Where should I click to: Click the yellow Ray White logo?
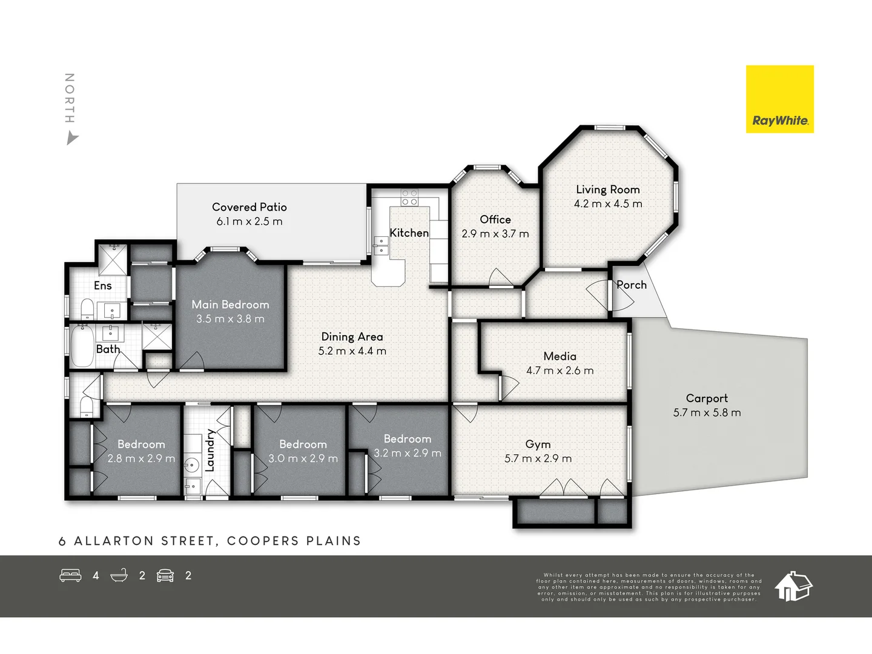(x=779, y=99)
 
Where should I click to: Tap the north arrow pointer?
(x=72, y=139)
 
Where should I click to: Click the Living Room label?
(x=608, y=190)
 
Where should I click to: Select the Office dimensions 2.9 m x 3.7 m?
(x=495, y=234)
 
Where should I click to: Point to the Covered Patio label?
(x=249, y=207)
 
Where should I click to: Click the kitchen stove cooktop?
(x=409, y=197)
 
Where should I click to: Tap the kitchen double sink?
(x=380, y=245)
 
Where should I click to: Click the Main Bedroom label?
(x=231, y=305)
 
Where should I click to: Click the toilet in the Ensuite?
(x=87, y=309)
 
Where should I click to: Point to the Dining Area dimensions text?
(x=352, y=351)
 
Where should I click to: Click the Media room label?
(x=560, y=356)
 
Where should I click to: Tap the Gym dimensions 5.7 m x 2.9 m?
(x=538, y=458)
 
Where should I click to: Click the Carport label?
(x=707, y=398)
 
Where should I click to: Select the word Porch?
(x=631, y=285)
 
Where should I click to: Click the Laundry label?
(x=210, y=450)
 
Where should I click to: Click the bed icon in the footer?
(x=70, y=575)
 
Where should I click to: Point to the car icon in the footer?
(x=165, y=575)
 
